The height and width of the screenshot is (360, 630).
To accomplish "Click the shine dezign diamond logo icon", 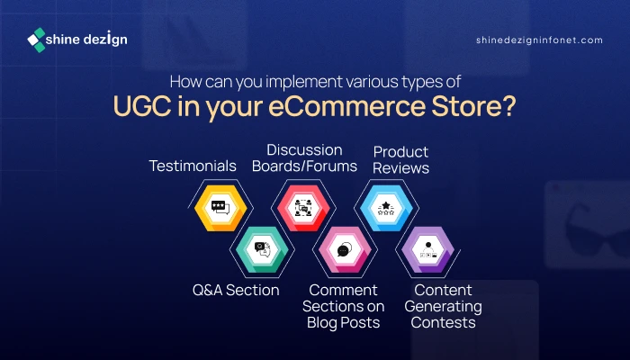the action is click(36, 40).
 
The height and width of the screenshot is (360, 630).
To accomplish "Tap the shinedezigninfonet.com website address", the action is click(539, 40).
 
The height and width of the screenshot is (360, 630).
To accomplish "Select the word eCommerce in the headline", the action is click(346, 106).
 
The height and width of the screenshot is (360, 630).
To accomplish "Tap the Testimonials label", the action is click(193, 166).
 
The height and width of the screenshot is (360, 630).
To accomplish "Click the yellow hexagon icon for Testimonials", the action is click(220, 208).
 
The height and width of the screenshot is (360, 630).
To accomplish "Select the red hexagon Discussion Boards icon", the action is click(303, 208).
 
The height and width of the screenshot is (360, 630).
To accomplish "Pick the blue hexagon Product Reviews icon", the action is click(386, 208).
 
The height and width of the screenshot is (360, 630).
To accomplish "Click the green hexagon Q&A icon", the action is click(262, 249).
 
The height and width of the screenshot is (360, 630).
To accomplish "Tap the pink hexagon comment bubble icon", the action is click(345, 249).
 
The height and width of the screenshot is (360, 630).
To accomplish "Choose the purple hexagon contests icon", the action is click(427, 249).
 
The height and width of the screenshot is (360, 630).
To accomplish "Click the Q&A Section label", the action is click(236, 290).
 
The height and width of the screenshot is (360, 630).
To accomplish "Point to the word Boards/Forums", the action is click(304, 166).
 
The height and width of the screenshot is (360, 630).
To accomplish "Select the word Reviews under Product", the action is click(401, 168).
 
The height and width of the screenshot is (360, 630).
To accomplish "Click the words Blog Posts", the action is click(344, 322).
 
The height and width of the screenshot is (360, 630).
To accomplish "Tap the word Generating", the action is click(443, 307).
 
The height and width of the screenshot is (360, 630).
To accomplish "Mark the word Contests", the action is click(443, 322).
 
